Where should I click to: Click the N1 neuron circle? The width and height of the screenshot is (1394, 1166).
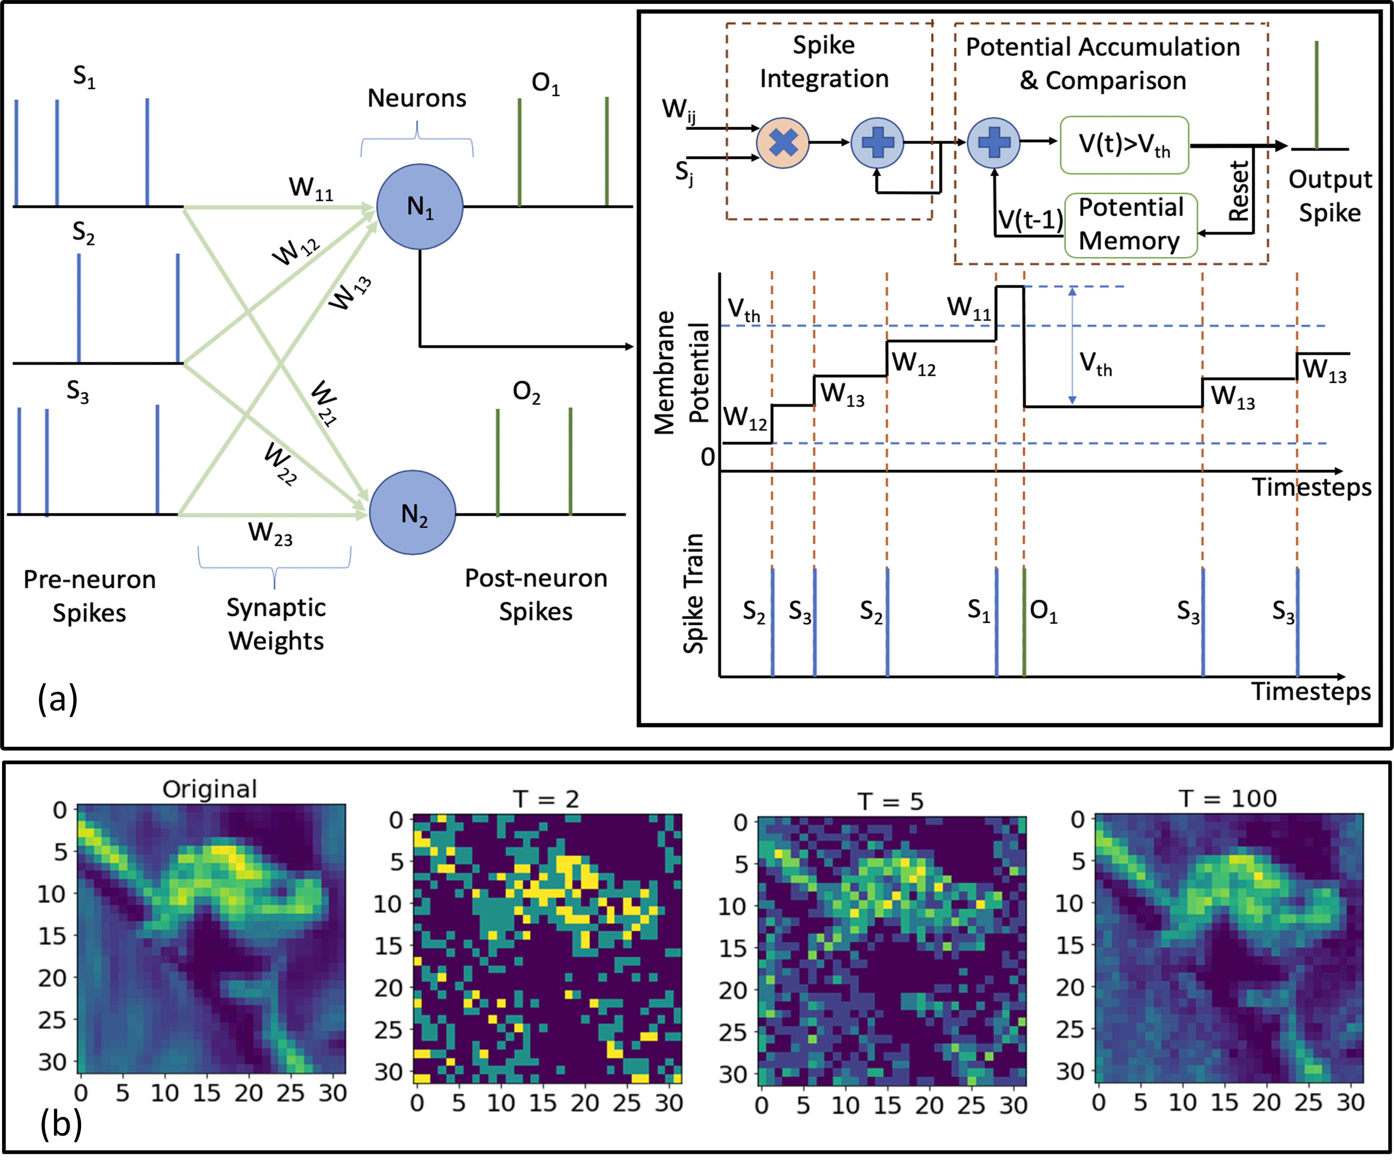[420, 206]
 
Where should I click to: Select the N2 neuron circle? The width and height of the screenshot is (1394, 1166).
[412, 512]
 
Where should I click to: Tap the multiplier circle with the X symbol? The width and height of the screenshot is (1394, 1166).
[783, 143]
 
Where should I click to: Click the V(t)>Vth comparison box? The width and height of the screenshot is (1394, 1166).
[1124, 145]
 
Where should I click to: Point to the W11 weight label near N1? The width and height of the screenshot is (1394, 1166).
[311, 189]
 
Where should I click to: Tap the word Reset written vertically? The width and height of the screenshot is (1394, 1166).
[1239, 191]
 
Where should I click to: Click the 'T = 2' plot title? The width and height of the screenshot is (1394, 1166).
[546, 799]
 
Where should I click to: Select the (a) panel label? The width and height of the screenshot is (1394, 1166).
[58, 699]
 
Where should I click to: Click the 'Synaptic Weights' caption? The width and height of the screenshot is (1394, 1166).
[276, 624]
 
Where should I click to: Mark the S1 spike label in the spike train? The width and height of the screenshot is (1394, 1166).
[978, 609]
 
